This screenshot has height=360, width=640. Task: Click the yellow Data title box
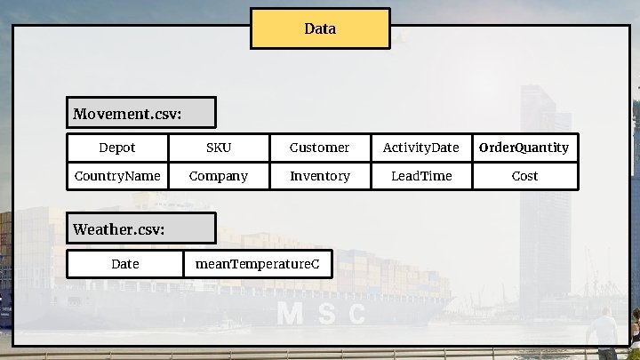(x=320, y=28)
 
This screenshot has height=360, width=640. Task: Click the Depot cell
(x=117, y=148)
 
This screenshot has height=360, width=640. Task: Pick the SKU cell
(x=219, y=148)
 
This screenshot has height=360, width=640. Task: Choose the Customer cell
(x=320, y=148)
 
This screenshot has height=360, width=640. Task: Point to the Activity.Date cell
(x=421, y=148)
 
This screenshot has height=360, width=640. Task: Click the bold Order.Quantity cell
(x=524, y=148)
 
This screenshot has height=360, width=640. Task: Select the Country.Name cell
(x=117, y=176)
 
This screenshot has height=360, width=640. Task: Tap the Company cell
(x=219, y=176)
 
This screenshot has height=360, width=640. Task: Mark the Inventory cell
(x=320, y=176)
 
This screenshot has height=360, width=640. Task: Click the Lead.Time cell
(x=421, y=176)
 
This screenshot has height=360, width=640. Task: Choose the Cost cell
(x=524, y=176)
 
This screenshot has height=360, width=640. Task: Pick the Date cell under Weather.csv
(x=125, y=264)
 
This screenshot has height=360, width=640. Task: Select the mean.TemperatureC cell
(x=258, y=264)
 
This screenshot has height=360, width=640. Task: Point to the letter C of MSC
(x=356, y=314)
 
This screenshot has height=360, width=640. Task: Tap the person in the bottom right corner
(x=602, y=331)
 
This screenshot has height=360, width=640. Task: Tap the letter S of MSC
(x=324, y=314)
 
